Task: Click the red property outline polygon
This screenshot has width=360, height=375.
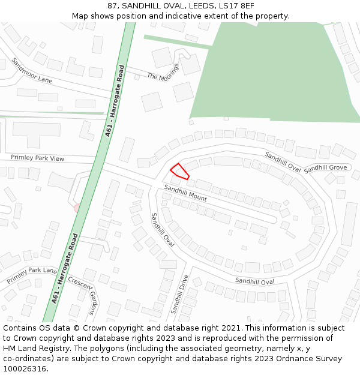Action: (x=180, y=172)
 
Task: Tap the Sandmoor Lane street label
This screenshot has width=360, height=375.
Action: (x=32, y=71)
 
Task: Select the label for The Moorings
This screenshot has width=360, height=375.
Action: (x=163, y=72)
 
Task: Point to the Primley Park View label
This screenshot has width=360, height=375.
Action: (x=37, y=158)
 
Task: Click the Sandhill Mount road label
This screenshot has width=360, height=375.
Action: (x=185, y=193)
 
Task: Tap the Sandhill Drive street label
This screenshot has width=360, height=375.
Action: (x=179, y=294)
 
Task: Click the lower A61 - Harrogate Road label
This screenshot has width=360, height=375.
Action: (x=65, y=267)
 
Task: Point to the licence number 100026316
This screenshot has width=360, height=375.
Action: (x=25, y=369)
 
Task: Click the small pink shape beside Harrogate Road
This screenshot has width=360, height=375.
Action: (x=77, y=208)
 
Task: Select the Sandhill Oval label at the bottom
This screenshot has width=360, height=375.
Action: (x=254, y=281)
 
